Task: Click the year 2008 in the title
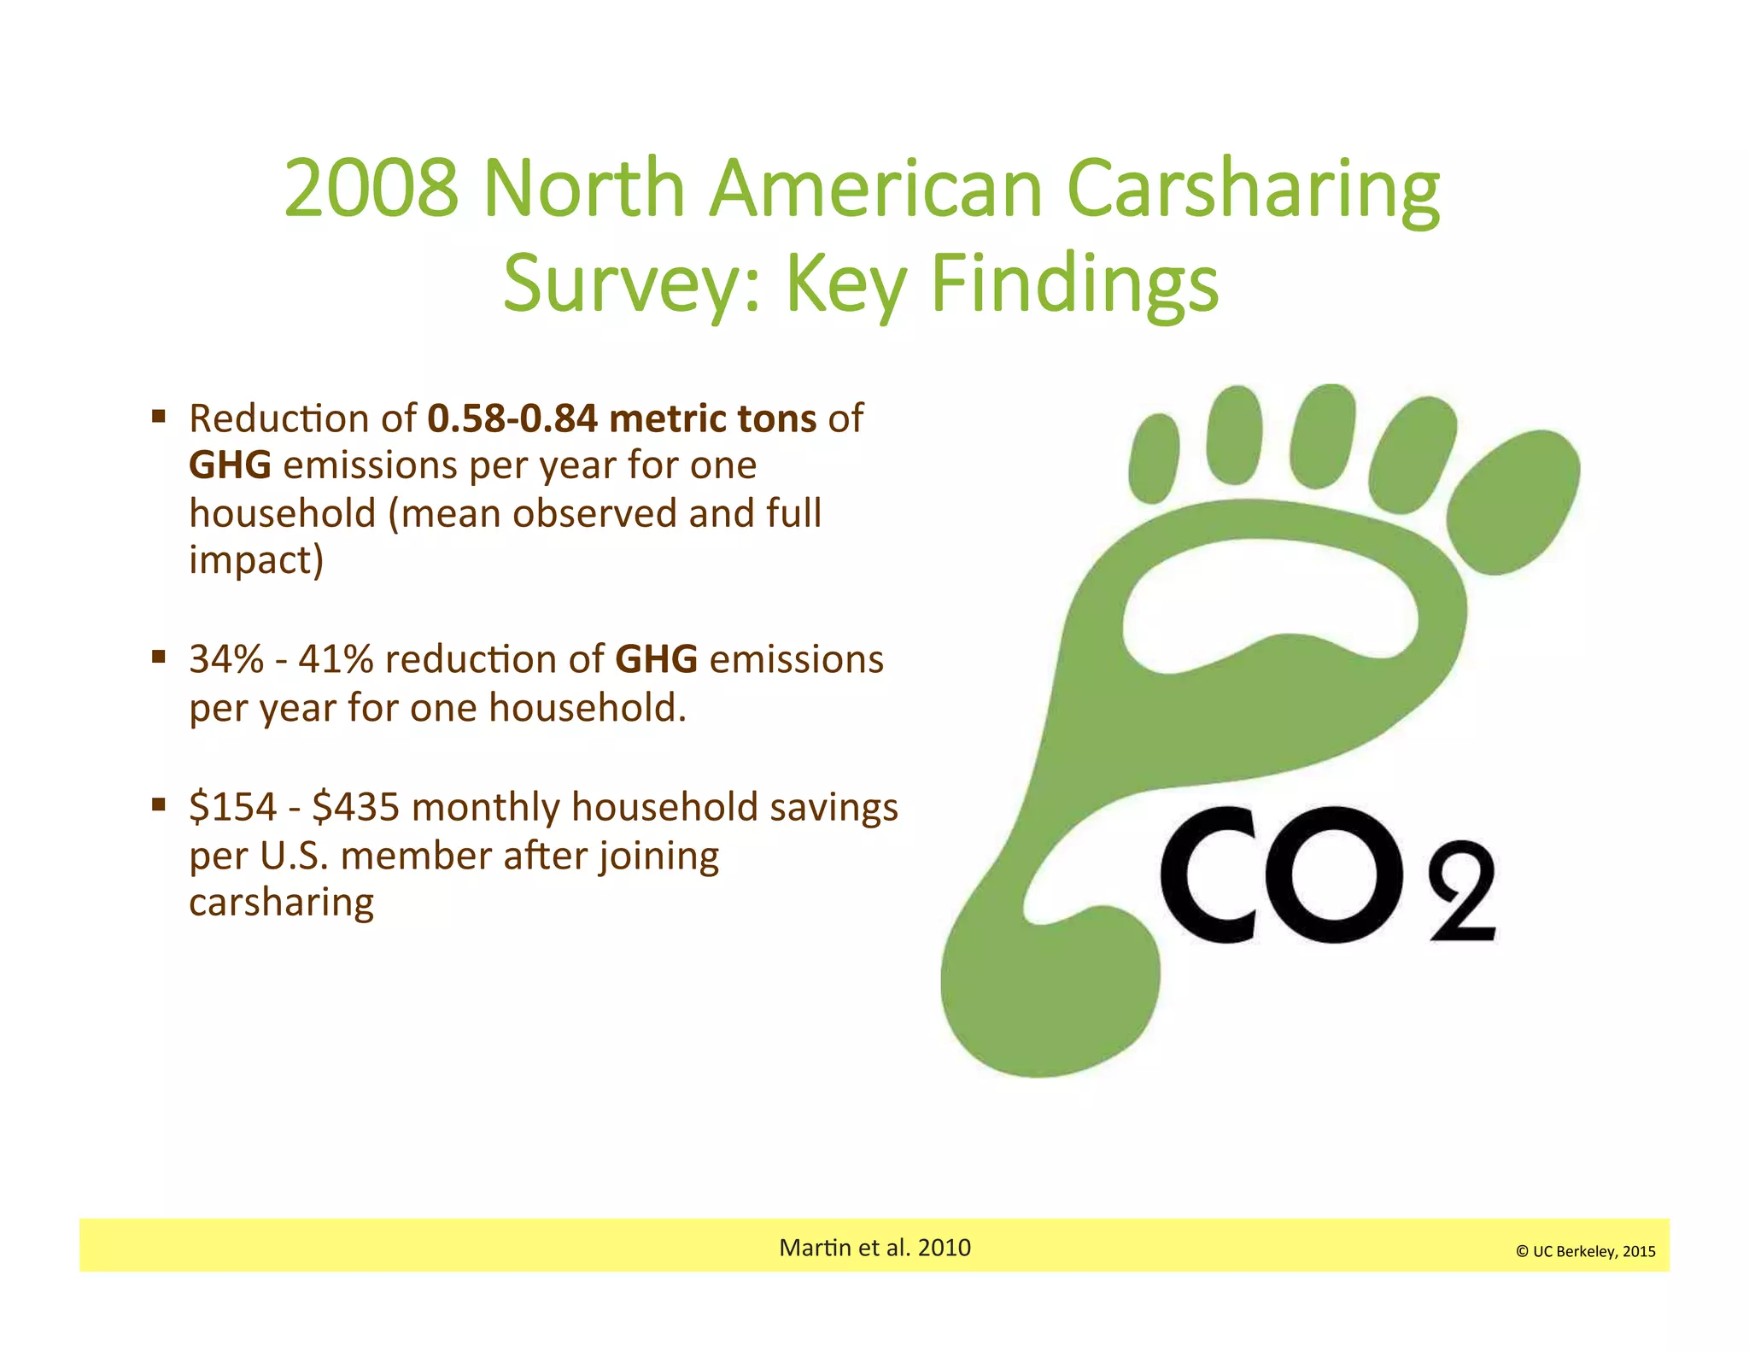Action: (x=371, y=188)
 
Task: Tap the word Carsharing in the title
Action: (x=1253, y=190)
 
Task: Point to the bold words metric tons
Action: (x=713, y=418)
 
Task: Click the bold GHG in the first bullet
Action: (x=230, y=465)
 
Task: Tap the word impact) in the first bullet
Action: (x=256, y=561)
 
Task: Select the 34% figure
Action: (x=226, y=659)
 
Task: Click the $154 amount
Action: (x=233, y=807)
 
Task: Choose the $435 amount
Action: (x=355, y=807)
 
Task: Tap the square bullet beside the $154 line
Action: (x=159, y=804)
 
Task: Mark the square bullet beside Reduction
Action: (x=159, y=417)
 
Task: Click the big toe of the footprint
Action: (x=1512, y=502)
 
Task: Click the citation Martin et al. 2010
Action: (x=874, y=1248)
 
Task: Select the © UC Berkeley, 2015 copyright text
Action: (x=1585, y=1252)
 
